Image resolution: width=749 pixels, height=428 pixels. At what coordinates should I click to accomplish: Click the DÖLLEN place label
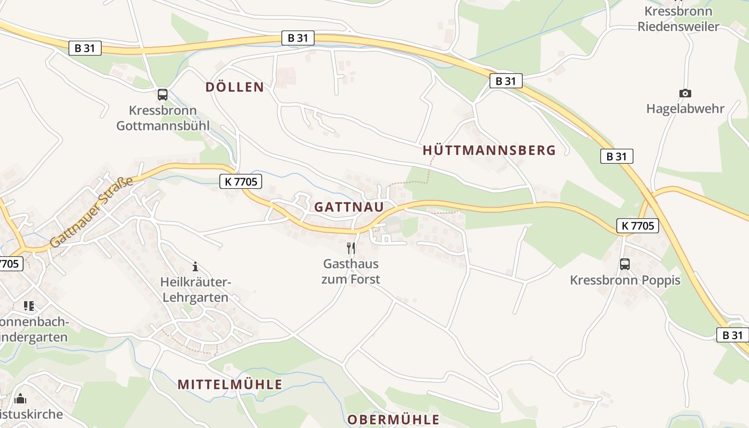(235, 87)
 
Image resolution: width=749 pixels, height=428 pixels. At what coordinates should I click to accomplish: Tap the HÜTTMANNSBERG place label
(489, 150)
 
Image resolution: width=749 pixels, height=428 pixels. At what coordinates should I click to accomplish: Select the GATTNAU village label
(349, 207)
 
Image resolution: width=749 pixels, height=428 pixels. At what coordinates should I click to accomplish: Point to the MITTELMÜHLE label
(230, 384)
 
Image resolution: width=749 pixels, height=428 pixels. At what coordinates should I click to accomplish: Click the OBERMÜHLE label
(393, 419)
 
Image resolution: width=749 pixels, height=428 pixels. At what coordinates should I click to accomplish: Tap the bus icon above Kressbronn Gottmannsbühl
(163, 95)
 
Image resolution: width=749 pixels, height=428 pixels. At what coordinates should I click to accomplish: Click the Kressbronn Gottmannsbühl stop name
(163, 118)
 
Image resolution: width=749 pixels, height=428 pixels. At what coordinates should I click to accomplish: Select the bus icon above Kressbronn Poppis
(624, 264)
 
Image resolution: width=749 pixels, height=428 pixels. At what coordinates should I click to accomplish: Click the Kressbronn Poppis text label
(625, 280)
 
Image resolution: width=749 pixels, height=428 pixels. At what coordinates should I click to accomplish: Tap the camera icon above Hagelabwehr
(685, 93)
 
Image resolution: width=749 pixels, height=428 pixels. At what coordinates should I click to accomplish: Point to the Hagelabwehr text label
(685, 109)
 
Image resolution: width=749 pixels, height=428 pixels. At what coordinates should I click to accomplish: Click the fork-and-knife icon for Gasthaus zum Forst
(351, 248)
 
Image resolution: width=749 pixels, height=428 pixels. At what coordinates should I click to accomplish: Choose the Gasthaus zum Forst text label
(351, 271)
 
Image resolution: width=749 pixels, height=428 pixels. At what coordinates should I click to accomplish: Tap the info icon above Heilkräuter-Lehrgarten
(195, 266)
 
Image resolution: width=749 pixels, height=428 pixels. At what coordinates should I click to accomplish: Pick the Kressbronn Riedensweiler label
(678, 19)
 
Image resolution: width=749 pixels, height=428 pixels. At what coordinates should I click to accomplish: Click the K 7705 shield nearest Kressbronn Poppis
(637, 226)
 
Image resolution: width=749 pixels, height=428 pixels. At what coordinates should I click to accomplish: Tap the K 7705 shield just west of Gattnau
(240, 182)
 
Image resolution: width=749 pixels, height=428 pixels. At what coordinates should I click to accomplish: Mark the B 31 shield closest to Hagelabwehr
(616, 156)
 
